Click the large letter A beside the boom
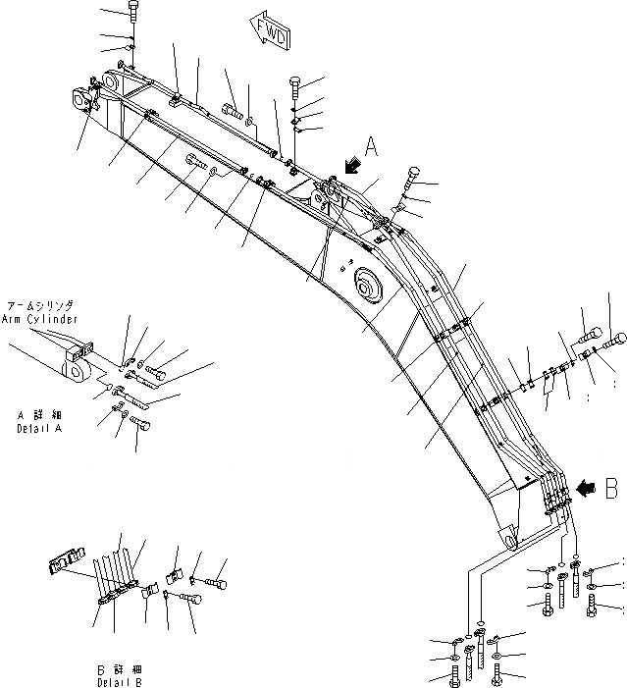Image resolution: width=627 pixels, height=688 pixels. (372, 146)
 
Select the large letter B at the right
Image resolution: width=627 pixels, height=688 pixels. (610, 484)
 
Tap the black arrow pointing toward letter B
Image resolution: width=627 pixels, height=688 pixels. (586, 486)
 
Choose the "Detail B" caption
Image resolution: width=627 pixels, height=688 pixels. (119, 681)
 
